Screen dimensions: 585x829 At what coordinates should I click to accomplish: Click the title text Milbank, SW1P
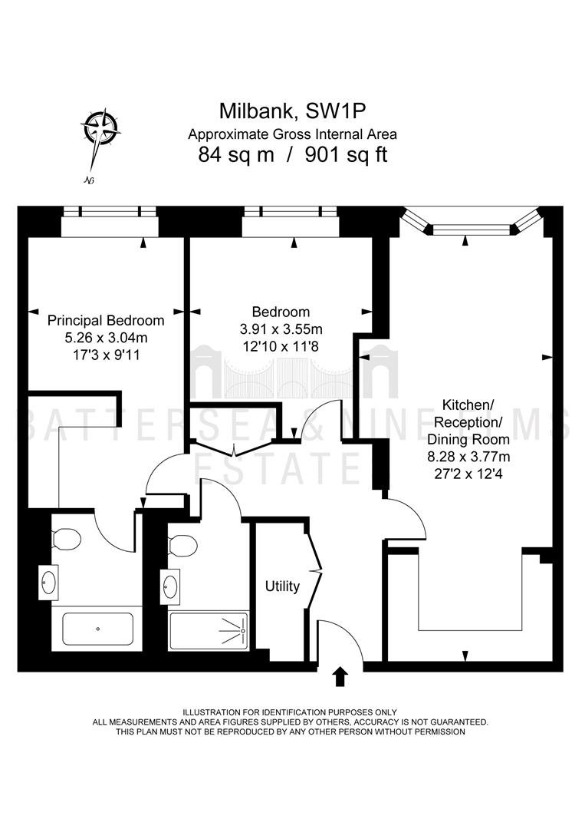pos(293,111)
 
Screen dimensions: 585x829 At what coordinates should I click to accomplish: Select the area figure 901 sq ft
pos(347,155)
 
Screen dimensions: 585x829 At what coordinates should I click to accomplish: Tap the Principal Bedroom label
pos(106,320)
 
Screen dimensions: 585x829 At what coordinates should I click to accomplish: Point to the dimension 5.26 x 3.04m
pos(106,337)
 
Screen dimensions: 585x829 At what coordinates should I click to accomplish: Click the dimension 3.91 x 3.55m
pos(281,329)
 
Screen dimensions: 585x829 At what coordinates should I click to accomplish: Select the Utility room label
pos(282,586)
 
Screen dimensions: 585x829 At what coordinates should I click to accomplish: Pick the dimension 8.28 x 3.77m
pos(468,456)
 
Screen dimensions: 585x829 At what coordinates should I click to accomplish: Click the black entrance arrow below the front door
pos(340,677)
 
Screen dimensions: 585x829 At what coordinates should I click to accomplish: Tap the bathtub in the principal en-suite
pos(97,629)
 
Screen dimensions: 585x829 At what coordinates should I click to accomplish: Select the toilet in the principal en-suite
pos(65,538)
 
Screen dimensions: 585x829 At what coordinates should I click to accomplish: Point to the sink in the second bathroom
pos(170,584)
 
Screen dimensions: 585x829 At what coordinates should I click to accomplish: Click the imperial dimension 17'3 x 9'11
pos(106,354)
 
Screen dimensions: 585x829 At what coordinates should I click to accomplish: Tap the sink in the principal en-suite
pos(48,582)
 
